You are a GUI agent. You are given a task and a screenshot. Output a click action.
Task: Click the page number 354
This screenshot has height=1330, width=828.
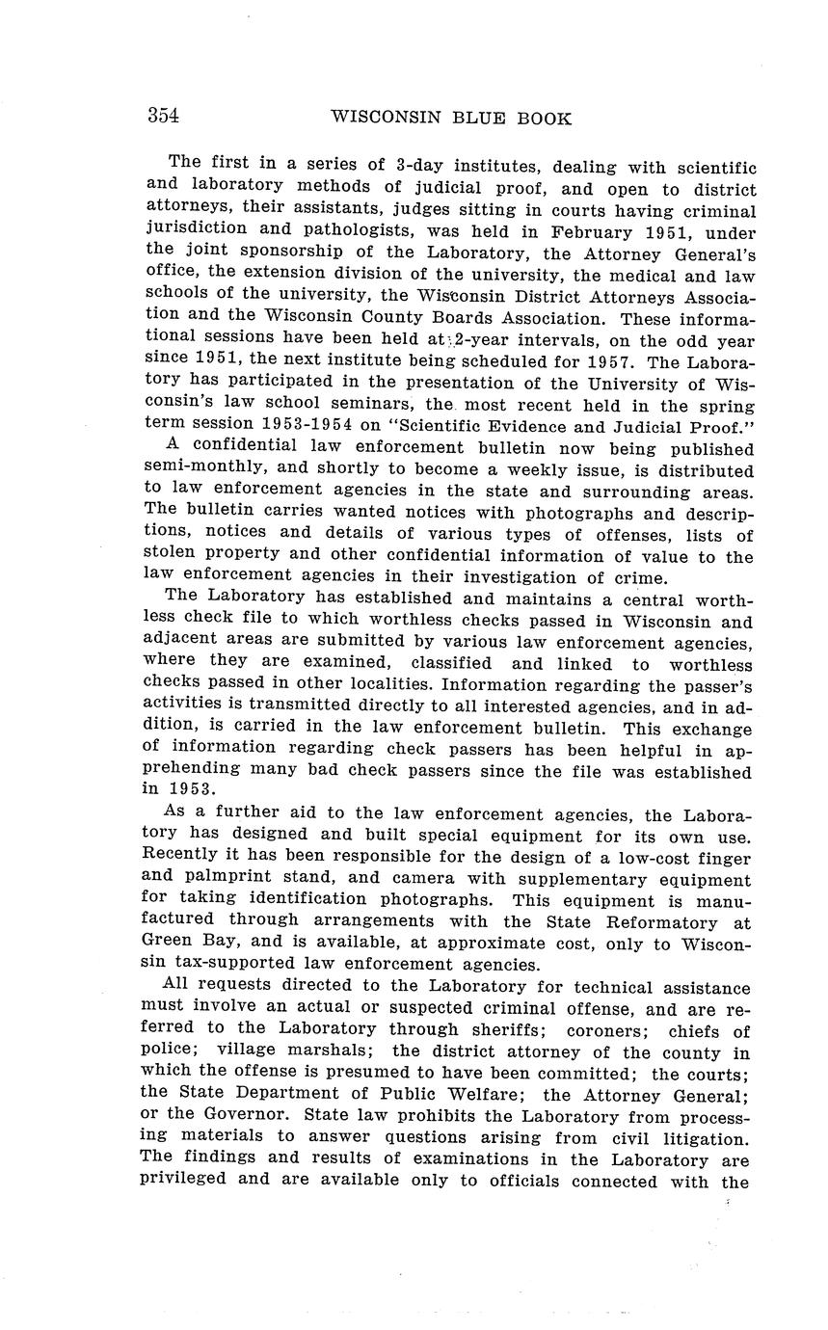click(x=163, y=117)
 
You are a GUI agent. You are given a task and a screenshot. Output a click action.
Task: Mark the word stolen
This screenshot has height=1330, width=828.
click(x=171, y=557)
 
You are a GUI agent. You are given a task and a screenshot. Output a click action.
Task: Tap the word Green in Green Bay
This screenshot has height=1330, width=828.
click(x=170, y=944)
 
